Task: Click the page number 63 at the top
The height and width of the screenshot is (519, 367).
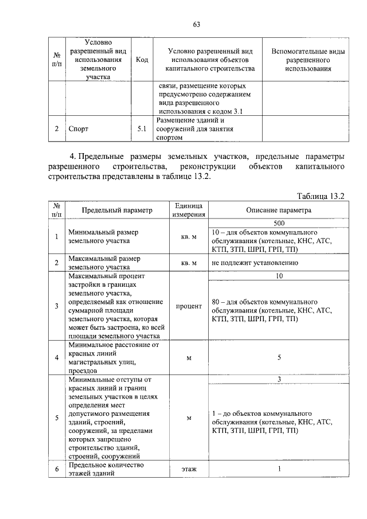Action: point(196,24)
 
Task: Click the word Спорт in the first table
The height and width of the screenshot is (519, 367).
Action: point(77,129)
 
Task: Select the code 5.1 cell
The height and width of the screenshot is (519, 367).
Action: point(142,129)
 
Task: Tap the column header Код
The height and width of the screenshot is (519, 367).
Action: point(142,60)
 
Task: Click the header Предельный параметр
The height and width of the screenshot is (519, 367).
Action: point(116,210)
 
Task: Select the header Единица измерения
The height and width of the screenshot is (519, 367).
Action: point(189,210)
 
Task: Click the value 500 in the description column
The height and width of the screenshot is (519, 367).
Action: point(279,223)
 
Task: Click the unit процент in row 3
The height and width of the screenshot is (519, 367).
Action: point(189,306)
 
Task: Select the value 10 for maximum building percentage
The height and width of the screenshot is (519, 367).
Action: point(279,276)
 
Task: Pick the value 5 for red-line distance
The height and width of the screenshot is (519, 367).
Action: point(279,358)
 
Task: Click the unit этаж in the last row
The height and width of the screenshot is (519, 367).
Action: point(189,469)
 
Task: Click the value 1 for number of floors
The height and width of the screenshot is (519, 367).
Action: point(279,469)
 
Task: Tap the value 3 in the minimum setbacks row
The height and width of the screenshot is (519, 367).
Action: point(279,379)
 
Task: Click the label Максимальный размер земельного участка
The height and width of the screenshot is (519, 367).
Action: point(104,263)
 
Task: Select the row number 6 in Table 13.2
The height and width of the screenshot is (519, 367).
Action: point(57,469)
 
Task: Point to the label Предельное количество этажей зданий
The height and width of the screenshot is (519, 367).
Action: point(106,469)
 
